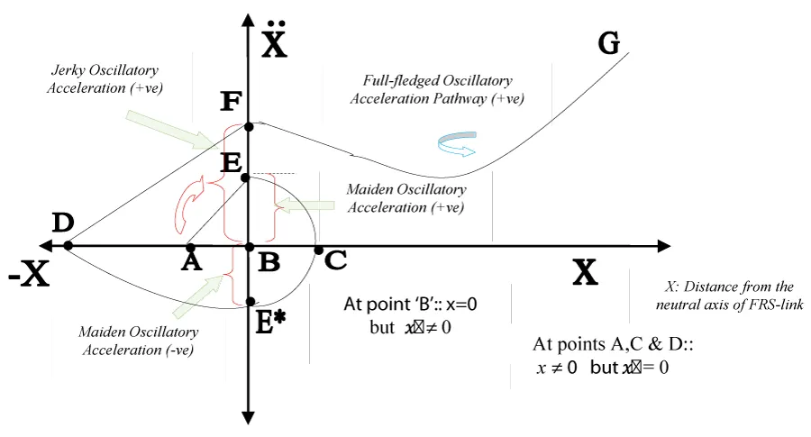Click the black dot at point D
coord(68,246)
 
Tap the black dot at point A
coord(190,246)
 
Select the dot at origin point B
coord(250,246)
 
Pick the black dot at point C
coord(318,250)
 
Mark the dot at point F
coord(249,127)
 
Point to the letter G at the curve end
coord(609,42)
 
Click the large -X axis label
coord(28,275)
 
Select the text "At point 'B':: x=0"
coord(410,305)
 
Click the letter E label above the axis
coord(231,163)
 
